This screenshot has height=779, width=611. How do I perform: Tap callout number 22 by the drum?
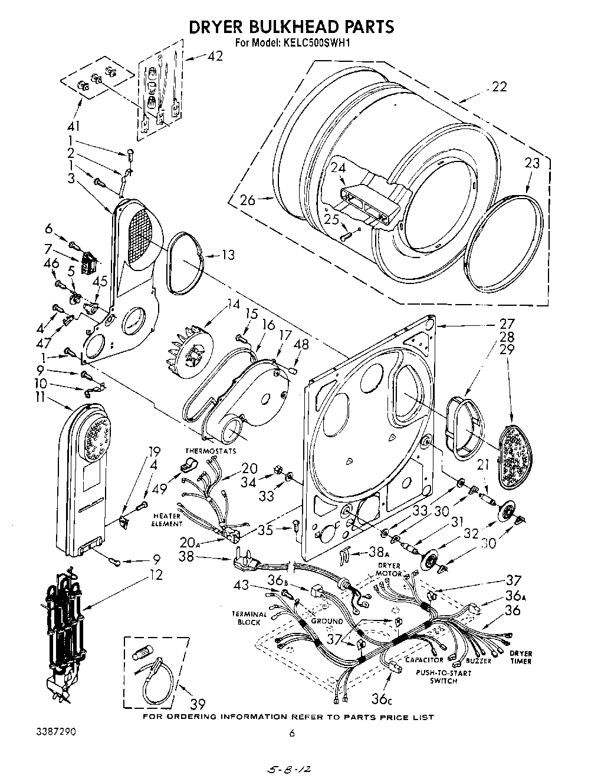(499, 87)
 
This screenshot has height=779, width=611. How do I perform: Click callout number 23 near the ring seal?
(531, 163)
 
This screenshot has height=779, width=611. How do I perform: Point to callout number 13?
(228, 255)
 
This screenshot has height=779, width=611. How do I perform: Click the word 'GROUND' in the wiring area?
(327, 621)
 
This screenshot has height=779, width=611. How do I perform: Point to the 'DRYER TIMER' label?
(520, 657)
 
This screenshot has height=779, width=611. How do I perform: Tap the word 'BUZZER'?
(478, 661)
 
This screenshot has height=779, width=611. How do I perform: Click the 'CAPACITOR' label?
(424, 661)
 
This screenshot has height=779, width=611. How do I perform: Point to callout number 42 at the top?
(215, 56)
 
